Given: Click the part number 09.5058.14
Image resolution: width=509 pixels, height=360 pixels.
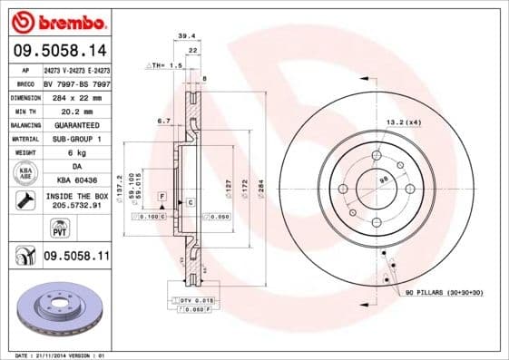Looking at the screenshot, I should pos(59,52).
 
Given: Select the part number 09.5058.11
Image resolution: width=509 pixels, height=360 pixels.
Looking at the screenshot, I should pos(76,257).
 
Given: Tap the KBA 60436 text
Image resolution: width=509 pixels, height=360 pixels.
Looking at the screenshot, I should pos(76,181).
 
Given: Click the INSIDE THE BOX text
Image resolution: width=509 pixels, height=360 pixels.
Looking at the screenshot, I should pos(76,196).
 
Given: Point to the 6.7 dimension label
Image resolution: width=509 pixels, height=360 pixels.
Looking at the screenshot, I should pos(164,120).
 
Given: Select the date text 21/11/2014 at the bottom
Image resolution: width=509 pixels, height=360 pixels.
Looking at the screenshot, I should pos(61,355).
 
